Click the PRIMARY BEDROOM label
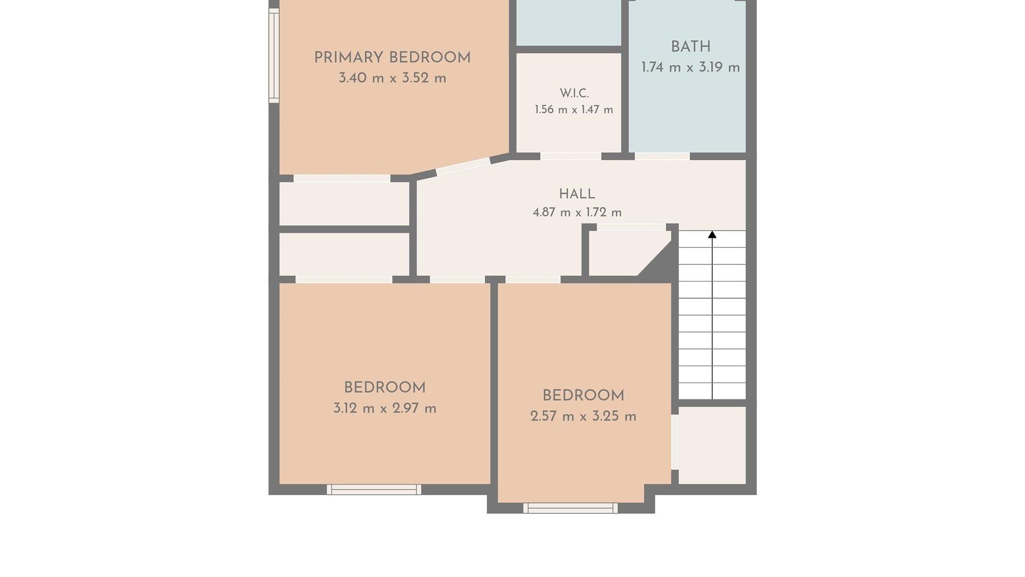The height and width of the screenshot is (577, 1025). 392,58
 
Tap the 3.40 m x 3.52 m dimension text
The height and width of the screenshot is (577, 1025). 392,78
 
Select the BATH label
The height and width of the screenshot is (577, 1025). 691,47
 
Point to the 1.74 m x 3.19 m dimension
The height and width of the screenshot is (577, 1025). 690,67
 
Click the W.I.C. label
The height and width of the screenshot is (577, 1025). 574,93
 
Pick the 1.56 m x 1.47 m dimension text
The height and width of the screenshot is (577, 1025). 574,110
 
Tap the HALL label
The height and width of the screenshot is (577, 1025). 577,194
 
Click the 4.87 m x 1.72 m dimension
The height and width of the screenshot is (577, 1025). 577,212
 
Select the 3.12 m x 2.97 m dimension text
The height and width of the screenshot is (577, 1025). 385,409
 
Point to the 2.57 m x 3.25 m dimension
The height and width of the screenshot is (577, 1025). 584,416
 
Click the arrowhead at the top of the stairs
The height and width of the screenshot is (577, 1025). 712,235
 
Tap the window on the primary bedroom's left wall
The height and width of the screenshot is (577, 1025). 274,56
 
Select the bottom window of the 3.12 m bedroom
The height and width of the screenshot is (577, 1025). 374,489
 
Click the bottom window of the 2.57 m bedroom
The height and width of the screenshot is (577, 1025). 570,508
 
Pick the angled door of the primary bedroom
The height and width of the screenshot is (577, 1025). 463,167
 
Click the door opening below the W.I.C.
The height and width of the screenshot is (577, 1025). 571,157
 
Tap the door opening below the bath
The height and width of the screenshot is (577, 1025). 662,157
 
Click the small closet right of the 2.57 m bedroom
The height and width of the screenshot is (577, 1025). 712,446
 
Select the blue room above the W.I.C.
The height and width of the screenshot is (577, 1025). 569,23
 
